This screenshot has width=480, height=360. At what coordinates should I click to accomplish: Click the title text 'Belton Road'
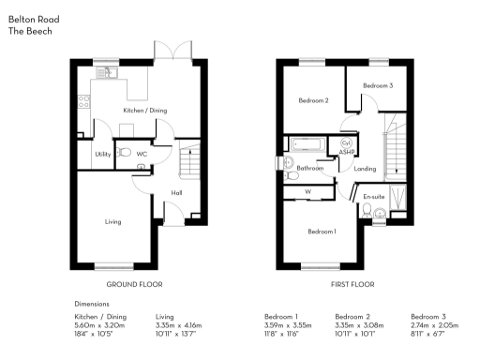pyautogui.click(x=30, y=18)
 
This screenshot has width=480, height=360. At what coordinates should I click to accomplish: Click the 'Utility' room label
pyautogui.click(x=102, y=154)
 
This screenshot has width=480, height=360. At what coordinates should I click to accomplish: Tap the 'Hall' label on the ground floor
pyautogui.click(x=176, y=193)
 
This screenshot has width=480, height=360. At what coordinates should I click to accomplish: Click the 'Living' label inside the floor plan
pyautogui.click(x=112, y=222)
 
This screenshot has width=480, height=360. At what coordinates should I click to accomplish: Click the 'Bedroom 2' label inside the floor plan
pyautogui.click(x=312, y=100)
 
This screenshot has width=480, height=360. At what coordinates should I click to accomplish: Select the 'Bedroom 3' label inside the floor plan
pyautogui.click(x=376, y=85)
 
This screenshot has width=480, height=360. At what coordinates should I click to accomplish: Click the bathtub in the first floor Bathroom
pyautogui.click(x=308, y=145)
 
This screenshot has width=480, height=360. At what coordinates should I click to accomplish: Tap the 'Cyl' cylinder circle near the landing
pyautogui.click(x=346, y=143)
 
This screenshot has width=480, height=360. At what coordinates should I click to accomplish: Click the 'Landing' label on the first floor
pyautogui.click(x=366, y=169)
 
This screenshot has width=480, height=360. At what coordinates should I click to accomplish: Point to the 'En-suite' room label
pyautogui.click(x=375, y=197)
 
